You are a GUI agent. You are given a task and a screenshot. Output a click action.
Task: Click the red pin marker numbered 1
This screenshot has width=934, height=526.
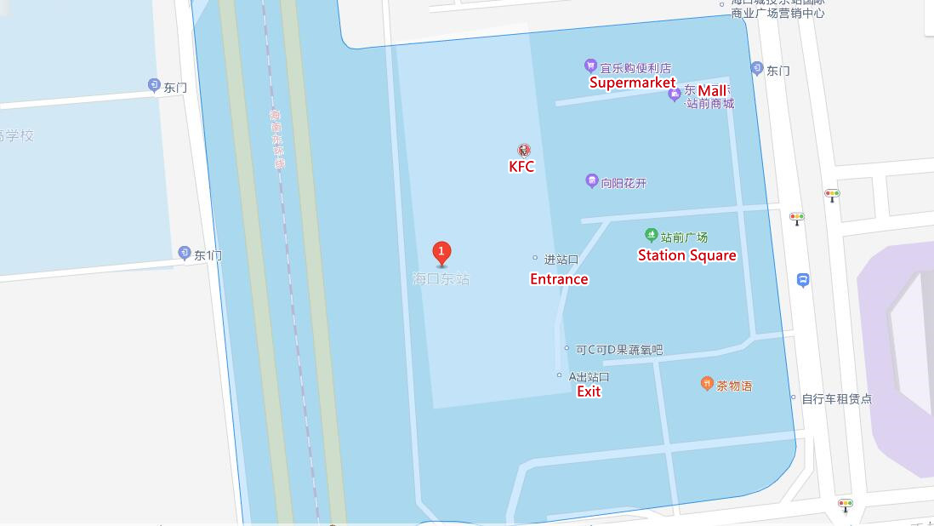coord(441,252)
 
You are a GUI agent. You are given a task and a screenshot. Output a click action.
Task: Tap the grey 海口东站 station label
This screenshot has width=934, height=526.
coord(441,279)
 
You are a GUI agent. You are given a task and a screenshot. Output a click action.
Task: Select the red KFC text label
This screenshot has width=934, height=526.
coord(521,167)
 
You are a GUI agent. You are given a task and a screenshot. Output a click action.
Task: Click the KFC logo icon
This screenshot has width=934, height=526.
coord(522,151)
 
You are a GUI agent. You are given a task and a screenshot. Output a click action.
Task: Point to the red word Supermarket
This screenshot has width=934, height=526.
coord(632,83)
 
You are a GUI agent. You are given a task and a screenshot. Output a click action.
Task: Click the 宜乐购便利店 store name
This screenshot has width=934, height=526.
coord(635,67)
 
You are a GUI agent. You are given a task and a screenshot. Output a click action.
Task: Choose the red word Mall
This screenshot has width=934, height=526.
coord(713,90)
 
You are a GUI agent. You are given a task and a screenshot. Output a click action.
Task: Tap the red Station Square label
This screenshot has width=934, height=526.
coord(686,254)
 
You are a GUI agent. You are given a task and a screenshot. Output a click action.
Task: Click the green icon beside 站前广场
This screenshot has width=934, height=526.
coord(651,236)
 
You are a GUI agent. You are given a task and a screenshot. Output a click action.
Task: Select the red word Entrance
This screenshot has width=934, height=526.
coord(559,278)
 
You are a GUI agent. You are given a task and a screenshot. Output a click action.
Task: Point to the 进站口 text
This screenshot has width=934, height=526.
coord(561,259)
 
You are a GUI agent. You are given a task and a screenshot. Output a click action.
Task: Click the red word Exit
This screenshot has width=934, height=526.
coord(589,392)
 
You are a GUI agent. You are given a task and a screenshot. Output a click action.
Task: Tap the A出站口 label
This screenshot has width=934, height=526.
coord(589,376)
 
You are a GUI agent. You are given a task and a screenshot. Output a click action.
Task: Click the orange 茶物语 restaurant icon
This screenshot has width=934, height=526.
coord(706,384)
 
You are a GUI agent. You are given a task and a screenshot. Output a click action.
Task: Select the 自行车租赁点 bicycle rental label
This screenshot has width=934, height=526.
coord(836,398)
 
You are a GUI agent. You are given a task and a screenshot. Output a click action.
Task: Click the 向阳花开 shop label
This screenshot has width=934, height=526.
coord(624,182)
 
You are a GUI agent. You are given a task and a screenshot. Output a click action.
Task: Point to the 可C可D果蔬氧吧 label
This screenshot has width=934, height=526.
coord(618,349)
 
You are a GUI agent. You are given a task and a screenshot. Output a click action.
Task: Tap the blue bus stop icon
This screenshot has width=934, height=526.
coord(803,280)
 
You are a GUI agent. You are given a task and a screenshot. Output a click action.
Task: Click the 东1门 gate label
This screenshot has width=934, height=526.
coord(208,254)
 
